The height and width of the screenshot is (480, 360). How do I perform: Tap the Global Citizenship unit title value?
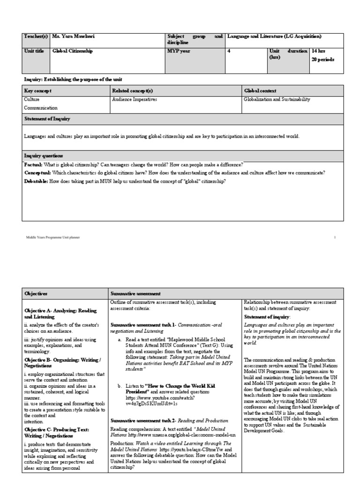[73, 51]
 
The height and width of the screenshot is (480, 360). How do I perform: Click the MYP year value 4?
[229, 51]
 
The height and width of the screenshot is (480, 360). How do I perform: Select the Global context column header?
[260, 90]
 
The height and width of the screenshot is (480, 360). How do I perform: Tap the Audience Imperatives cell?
[135, 99]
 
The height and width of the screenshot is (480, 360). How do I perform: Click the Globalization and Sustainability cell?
[277, 99]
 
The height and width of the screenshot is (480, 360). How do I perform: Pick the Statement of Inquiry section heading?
[47, 119]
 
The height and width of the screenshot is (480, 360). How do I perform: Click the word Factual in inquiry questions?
[33, 165]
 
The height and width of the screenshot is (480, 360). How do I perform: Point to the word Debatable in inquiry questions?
[36, 180]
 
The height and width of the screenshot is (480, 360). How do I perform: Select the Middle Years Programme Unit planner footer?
[53, 237]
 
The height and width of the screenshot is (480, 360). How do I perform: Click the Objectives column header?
[37, 293]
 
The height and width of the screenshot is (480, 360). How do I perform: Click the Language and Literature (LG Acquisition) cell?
[274, 37]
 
